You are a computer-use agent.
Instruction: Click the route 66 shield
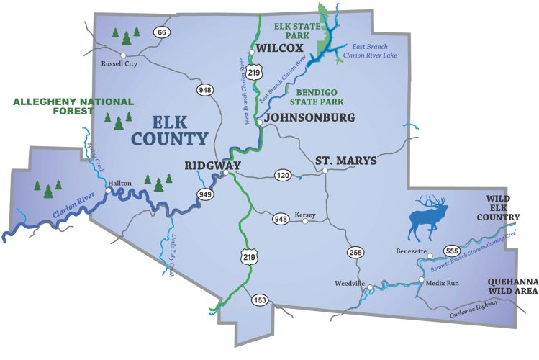(163, 32)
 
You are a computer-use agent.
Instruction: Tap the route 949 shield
(205, 194)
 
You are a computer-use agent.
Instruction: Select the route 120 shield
(281, 176)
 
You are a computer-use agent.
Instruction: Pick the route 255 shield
(355, 252)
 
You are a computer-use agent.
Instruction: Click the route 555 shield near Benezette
(451, 250)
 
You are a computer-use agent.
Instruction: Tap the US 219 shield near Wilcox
(253, 72)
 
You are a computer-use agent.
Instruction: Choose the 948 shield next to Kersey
(281, 218)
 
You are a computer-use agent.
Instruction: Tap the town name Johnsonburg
(309, 117)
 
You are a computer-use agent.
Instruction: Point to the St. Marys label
(345, 160)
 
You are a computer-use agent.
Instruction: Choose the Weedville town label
(350, 283)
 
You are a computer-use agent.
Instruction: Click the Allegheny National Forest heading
(63, 107)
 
